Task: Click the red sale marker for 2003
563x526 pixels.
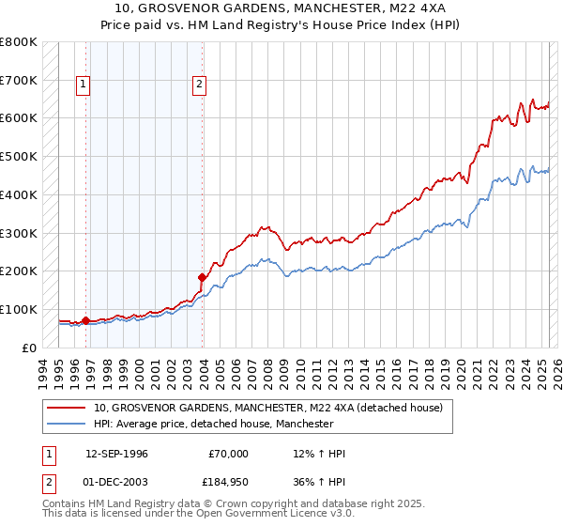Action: (202, 277)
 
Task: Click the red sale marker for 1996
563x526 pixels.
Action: (85, 320)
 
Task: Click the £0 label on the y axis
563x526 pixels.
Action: (28, 348)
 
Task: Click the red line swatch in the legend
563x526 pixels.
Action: (66, 409)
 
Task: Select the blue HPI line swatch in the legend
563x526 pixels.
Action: (66, 425)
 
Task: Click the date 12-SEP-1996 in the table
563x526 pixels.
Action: (116, 454)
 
